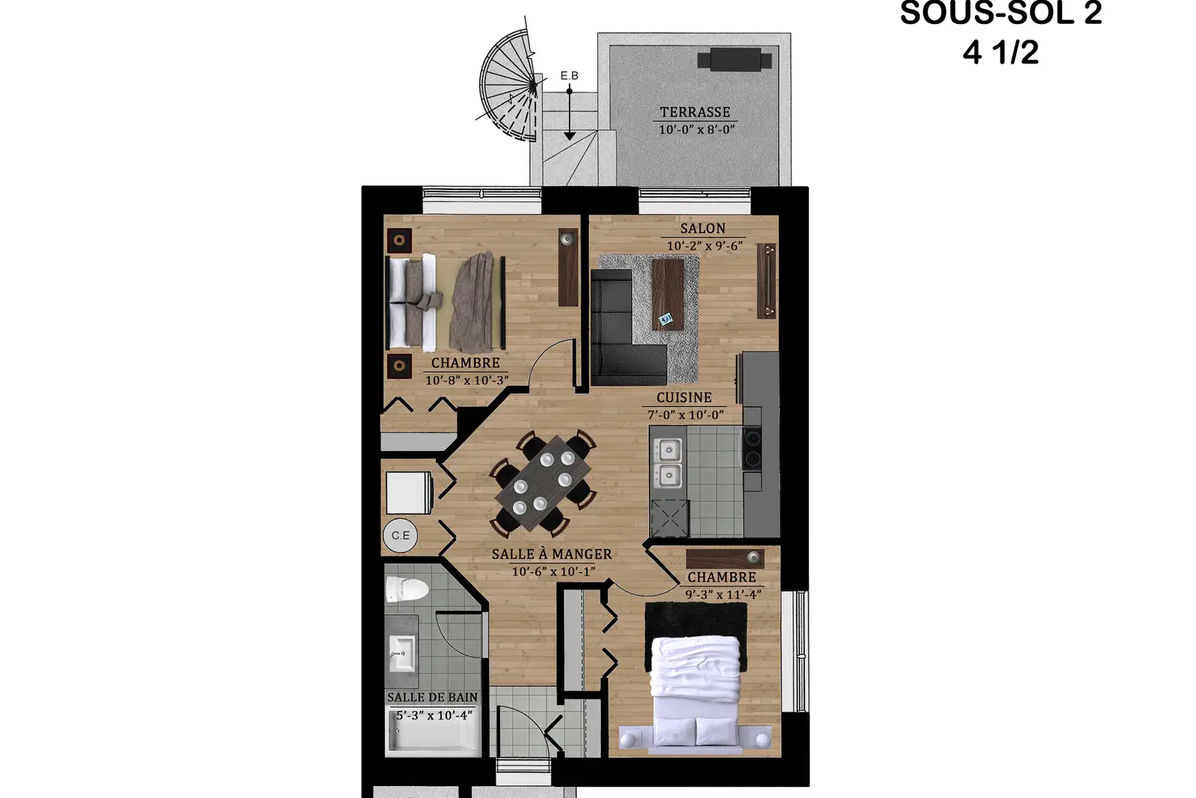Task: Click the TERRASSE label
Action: (x=694, y=112)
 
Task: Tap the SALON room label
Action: (x=703, y=229)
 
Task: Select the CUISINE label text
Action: (x=684, y=398)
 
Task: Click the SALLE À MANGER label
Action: (x=552, y=554)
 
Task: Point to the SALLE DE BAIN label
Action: (x=433, y=697)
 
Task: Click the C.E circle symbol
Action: (x=401, y=535)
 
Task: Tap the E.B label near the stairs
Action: (x=569, y=76)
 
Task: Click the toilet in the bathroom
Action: (x=407, y=589)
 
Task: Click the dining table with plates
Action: (x=543, y=483)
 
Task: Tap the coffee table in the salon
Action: (x=668, y=295)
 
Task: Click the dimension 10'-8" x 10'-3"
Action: (x=466, y=381)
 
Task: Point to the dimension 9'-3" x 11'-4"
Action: (x=723, y=595)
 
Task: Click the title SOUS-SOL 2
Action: (x=1001, y=13)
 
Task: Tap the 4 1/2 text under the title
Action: (x=1001, y=52)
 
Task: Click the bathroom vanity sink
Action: (x=401, y=652)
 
